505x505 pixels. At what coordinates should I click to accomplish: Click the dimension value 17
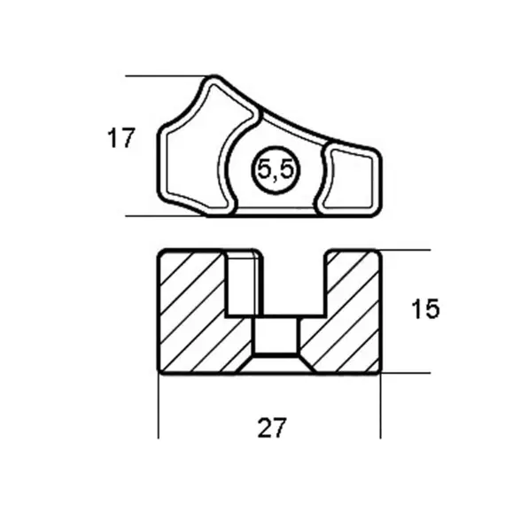[x=121, y=138]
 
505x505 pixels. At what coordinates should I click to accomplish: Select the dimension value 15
[x=426, y=309]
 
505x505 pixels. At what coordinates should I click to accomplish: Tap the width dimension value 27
[x=272, y=428]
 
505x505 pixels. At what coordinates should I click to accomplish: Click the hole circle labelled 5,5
[x=276, y=171]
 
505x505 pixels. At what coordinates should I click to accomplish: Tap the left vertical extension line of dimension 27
[x=159, y=408]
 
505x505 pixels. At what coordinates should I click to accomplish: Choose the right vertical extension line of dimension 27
[x=381, y=408]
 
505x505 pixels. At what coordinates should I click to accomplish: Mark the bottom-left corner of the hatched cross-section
[x=159, y=370]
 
